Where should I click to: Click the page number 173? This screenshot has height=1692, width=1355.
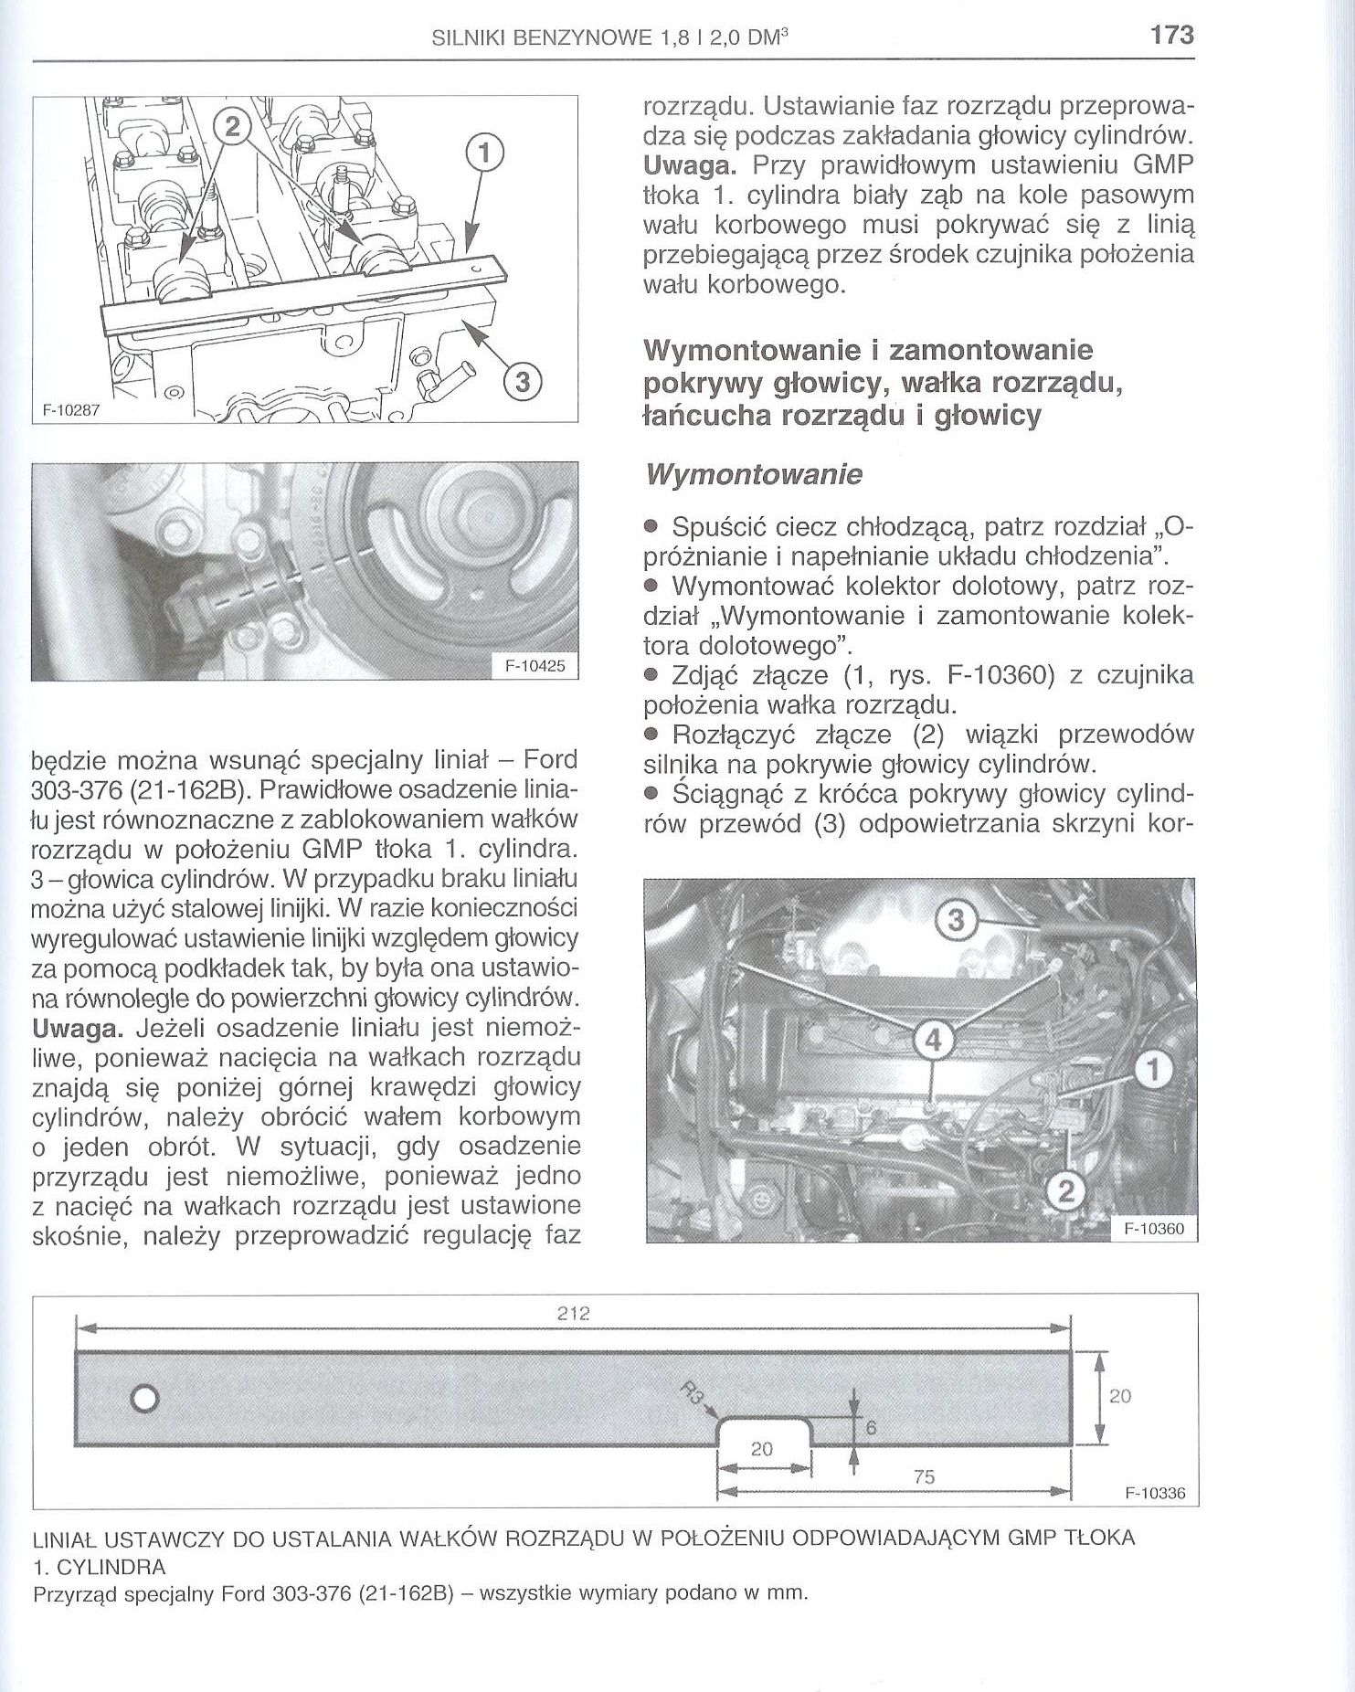pyautogui.click(x=1172, y=35)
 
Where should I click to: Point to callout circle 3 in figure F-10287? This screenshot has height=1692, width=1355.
pyautogui.click(x=523, y=382)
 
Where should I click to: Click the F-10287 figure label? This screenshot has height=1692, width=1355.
pyautogui.click(x=69, y=411)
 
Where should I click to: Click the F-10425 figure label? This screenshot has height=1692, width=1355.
pyautogui.click(x=535, y=667)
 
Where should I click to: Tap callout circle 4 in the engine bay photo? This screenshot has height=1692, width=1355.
pyautogui.click(x=933, y=1039)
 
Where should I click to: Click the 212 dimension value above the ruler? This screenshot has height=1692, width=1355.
pyautogui.click(x=573, y=1314)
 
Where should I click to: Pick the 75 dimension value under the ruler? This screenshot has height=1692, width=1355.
pyautogui.click(x=924, y=1476)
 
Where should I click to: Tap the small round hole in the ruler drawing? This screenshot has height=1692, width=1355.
pyautogui.click(x=145, y=1398)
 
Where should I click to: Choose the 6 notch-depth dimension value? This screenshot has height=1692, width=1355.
pyautogui.click(x=871, y=1428)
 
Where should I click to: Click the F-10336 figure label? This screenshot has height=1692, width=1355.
pyautogui.click(x=1155, y=1494)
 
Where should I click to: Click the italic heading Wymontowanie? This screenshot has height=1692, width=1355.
pyautogui.click(x=753, y=475)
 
